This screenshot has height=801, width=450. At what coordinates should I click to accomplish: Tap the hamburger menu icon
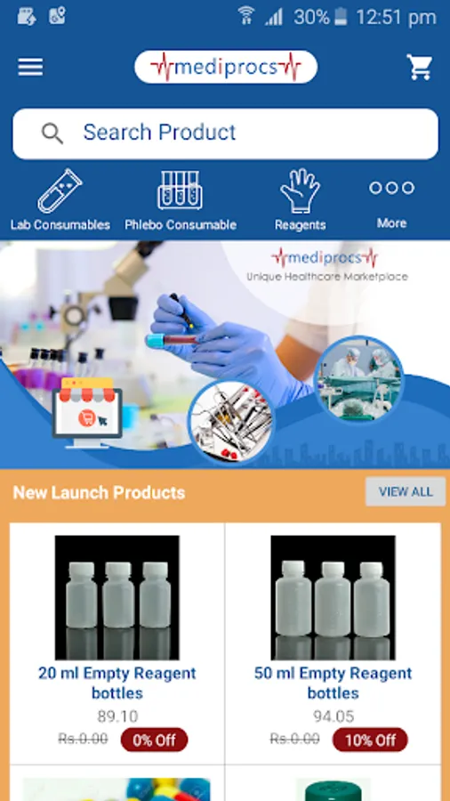pyautogui.click(x=30, y=67)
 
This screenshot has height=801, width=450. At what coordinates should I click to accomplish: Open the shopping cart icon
pyautogui.click(x=420, y=67)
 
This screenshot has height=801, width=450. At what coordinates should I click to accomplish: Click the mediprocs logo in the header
pyautogui.click(x=226, y=67)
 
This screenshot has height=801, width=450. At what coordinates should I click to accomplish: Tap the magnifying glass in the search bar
pyautogui.click(x=52, y=133)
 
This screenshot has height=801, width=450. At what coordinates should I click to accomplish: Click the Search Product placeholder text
pyautogui.click(x=159, y=133)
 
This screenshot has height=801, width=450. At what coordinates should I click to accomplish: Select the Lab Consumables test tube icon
pyautogui.click(x=60, y=191)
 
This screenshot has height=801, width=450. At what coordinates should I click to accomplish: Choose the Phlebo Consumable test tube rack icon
pyautogui.click(x=180, y=190)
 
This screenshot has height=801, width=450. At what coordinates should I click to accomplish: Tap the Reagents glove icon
pyautogui.click(x=300, y=190)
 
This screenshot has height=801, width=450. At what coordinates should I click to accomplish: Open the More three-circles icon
pyautogui.click(x=392, y=188)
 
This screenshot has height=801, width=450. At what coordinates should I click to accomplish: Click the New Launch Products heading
pyautogui.click(x=99, y=492)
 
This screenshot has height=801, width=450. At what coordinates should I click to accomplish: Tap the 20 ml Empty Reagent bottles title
pyautogui.click(x=117, y=683)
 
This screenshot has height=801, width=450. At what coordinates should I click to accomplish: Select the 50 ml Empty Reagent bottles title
pyautogui.click(x=333, y=683)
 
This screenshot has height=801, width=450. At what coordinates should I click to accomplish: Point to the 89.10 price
pyautogui.click(x=117, y=716)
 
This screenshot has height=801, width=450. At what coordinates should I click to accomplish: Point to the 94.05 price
pyautogui.click(x=333, y=716)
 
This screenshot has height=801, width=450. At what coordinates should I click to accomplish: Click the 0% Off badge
pyautogui.click(x=154, y=740)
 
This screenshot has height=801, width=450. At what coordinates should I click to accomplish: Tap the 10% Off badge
pyautogui.click(x=370, y=740)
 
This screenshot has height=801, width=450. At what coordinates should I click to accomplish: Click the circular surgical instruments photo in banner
pyautogui.click(x=230, y=422)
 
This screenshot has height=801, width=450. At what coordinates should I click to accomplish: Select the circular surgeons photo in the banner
pyautogui.click(x=358, y=379)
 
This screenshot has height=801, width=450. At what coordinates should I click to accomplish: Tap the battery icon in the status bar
pyautogui.click(x=341, y=17)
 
